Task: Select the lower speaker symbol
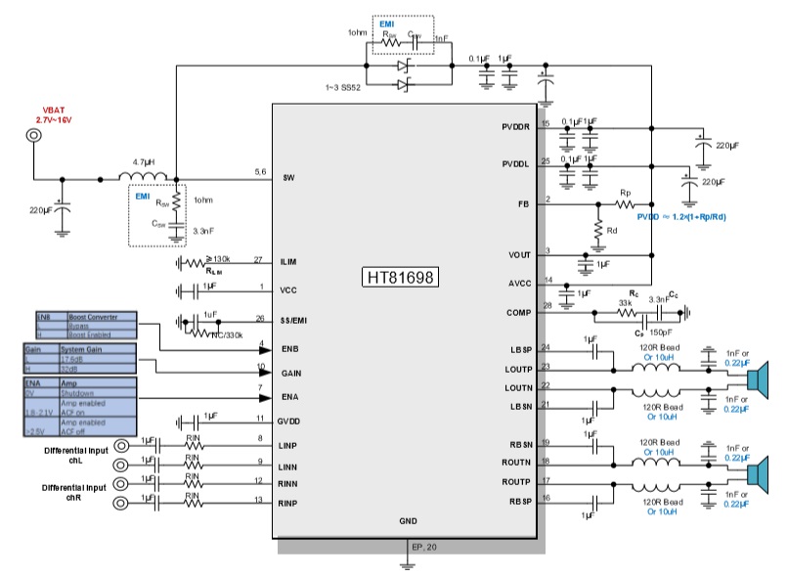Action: click(x=761, y=473)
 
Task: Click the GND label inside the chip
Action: click(x=408, y=521)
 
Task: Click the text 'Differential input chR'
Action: click(x=74, y=493)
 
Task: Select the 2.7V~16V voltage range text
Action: click(x=50, y=119)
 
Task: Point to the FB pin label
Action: click(x=523, y=204)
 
